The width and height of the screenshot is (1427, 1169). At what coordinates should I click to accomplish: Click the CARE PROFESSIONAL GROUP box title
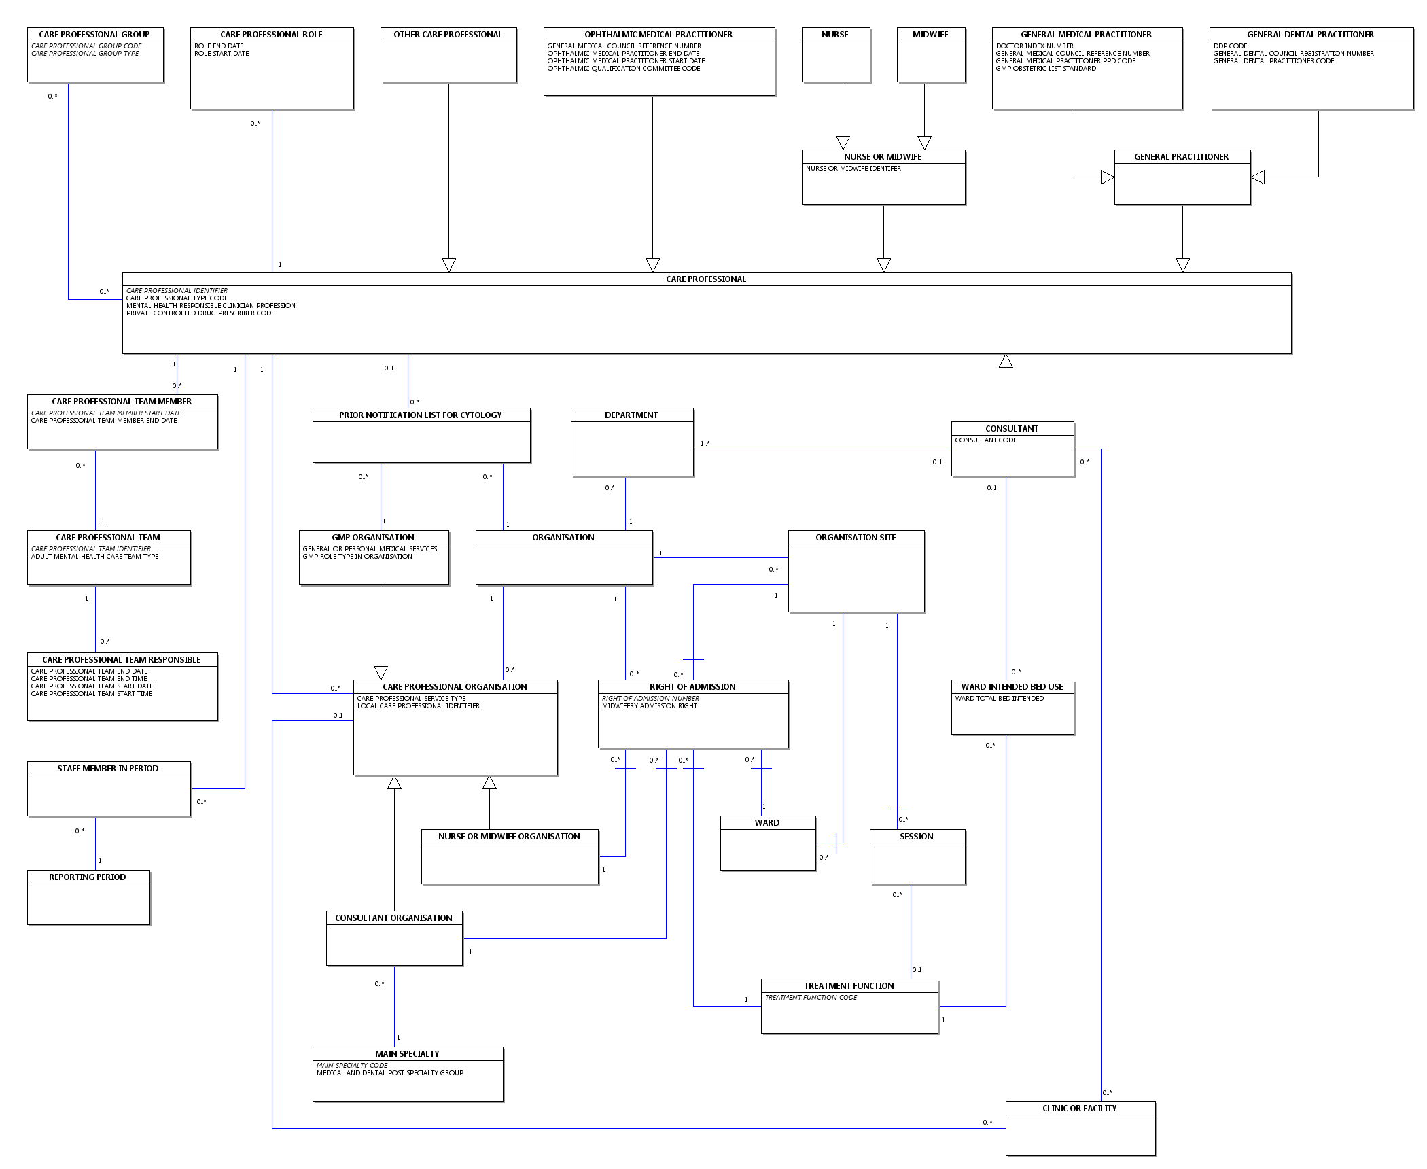tap(94, 35)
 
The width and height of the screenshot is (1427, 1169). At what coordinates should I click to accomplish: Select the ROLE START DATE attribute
tap(222, 54)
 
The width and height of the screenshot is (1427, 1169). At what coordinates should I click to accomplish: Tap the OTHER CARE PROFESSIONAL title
tap(448, 35)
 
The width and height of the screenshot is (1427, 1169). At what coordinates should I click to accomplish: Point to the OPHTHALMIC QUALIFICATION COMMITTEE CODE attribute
tap(623, 69)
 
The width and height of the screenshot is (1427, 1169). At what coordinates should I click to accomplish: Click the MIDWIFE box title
tap(930, 35)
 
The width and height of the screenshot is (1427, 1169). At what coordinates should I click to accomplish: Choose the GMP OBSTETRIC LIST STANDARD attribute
tap(1046, 69)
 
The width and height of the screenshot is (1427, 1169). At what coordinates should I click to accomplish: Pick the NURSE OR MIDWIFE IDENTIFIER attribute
tap(853, 169)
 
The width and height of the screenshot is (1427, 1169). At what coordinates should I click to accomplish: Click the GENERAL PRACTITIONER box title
tap(1181, 157)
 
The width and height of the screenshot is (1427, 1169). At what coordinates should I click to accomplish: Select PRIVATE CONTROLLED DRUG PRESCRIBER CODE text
tap(200, 313)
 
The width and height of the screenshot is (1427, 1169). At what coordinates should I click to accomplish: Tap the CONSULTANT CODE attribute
tap(985, 440)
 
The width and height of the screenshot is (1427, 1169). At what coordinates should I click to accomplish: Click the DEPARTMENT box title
tap(631, 415)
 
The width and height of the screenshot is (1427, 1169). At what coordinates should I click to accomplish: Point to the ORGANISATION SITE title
tap(856, 538)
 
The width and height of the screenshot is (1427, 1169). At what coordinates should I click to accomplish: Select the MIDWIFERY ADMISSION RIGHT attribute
tap(649, 706)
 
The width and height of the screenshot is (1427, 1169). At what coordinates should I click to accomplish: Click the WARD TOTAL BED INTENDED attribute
tap(999, 699)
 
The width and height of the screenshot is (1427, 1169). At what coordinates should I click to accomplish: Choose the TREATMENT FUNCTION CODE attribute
tap(811, 998)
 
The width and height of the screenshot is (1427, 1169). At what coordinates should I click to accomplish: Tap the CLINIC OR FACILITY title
tap(1079, 1109)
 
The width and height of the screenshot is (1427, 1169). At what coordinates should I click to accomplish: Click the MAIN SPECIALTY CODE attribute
tap(352, 1066)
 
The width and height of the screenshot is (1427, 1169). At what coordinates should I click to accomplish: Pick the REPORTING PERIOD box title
tap(87, 877)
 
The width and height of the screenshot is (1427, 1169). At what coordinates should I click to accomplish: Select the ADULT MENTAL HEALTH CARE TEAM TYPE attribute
tap(94, 557)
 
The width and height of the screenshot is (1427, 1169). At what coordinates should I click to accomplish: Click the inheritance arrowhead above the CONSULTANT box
tap(1006, 362)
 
